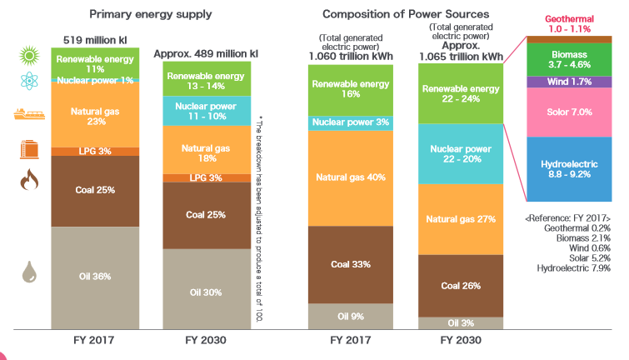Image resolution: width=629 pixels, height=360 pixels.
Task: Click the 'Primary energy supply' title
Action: coord(151,14)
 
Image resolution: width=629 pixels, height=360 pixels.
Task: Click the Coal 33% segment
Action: coord(351,264)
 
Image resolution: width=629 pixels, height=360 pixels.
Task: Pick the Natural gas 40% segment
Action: coord(351,177)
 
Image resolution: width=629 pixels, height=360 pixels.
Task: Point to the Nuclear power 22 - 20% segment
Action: coord(461,154)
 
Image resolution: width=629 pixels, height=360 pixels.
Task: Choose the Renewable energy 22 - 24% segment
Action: coord(461,93)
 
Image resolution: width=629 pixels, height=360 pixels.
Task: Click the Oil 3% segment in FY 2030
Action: coord(461,322)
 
